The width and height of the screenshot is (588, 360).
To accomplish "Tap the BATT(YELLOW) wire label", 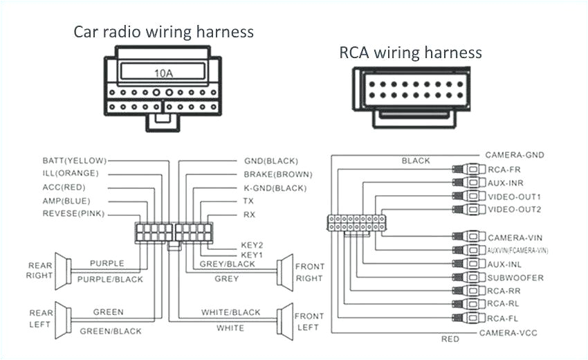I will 74,161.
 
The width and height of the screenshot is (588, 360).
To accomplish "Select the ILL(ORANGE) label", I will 71,174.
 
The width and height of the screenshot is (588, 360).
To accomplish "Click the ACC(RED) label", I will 65,188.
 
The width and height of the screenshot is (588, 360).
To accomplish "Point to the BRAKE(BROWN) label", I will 277,174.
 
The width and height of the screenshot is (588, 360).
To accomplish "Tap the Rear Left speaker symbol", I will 63,318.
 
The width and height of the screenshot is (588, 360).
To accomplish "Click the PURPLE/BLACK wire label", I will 110,279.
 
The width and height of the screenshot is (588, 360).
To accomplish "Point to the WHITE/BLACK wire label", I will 230,312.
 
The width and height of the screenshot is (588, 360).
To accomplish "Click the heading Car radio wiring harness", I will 164,32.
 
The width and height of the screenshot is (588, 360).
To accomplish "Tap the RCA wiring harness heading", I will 410,52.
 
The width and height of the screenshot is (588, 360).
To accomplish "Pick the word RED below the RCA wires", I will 450,339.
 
